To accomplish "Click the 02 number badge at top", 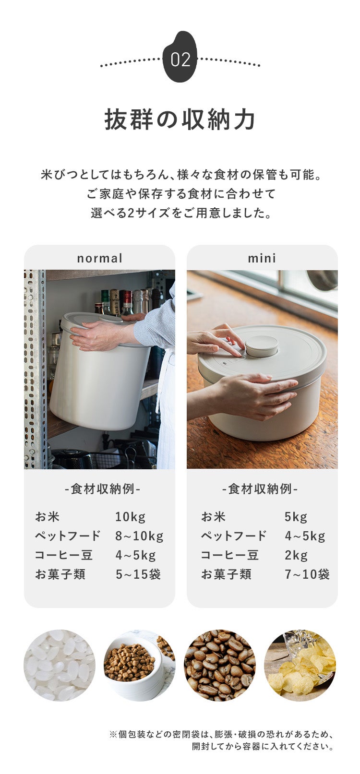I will tap(180, 58).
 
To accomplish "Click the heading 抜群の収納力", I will tap(180, 119).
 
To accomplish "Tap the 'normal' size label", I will tap(100, 258).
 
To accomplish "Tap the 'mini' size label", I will tap(262, 258).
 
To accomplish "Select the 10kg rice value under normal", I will tap(130, 517).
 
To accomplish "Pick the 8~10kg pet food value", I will tap(139, 536).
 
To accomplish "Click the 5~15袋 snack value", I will tap(138, 574).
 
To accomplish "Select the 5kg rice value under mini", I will tap(296, 517).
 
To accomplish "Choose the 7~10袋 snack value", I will tap(307, 574).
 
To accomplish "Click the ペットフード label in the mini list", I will tap(234, 536).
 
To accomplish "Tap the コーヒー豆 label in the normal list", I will tap(64, 555).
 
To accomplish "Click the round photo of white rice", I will tap(60, 666).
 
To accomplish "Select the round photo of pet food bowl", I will tap(140, 666).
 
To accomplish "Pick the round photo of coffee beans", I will tap(220, 666).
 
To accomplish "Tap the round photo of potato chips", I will tap(300, 666).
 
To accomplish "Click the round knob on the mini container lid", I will tap(261, 345).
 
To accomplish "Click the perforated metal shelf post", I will tap(35, 369).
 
